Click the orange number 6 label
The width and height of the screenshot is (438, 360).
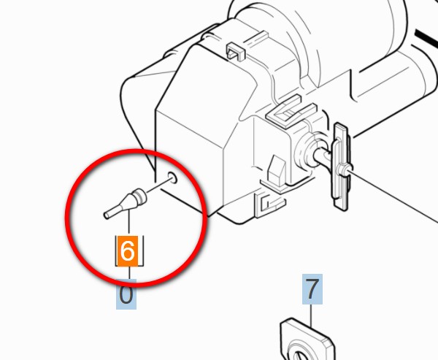tap(127, 251)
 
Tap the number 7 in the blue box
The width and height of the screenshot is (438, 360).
tap(312, 289)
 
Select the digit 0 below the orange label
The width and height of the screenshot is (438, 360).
tap(126, 294)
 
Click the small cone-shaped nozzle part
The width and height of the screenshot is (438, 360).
tap(125, 204)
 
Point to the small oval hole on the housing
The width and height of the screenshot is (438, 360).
tap(172, 177)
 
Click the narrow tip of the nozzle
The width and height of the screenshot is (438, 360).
tap(107, 215)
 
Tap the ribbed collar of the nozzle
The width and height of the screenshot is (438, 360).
tap(139, 196)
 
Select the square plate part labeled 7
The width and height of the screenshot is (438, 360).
tap(307, 339)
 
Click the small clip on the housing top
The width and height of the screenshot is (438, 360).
tap(235, 51)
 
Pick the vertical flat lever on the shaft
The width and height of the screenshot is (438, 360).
tap(341, 166)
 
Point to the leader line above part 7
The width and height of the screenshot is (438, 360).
tap(312, 315)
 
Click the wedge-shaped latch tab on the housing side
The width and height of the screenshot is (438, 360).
tap(276, 170)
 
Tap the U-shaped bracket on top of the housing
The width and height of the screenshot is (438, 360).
tap(291, 112)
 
